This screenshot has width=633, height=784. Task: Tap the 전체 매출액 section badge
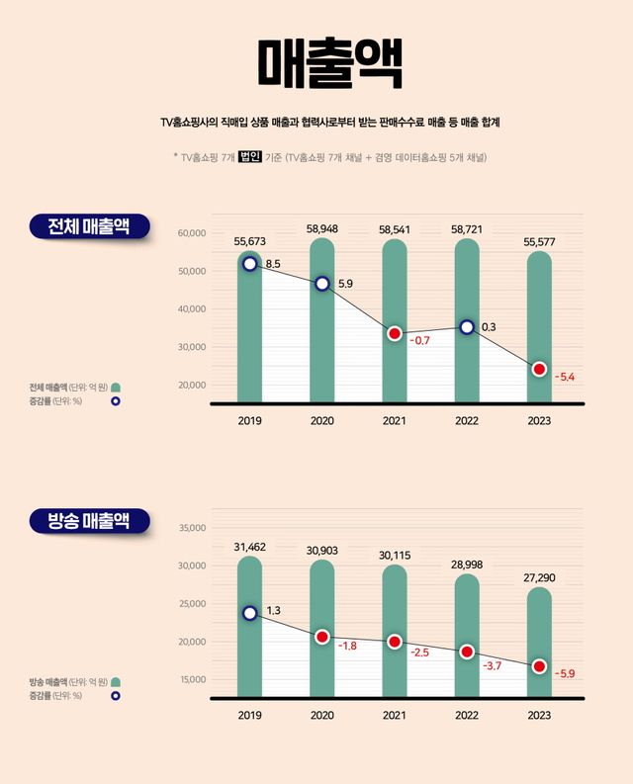[89, 225]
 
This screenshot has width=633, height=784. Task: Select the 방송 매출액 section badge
[89, 521]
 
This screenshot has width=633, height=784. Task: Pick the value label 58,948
[321, 228]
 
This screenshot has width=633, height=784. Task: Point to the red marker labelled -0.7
[395, 333]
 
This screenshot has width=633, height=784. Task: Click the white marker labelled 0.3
[467, 327]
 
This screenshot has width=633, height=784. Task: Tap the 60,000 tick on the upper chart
[191, 233]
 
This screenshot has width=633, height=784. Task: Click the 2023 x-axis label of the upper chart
[539, 421]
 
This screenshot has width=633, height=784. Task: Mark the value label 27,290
[539, 575]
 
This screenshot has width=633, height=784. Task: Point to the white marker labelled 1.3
[249, 613]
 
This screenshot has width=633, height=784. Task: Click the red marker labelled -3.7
[467, 652]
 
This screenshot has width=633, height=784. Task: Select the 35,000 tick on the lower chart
[191, 528]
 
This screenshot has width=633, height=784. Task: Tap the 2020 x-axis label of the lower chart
[321, 715]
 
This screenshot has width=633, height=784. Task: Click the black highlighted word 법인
[249, 156]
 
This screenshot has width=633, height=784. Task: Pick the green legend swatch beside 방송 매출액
[116, 682]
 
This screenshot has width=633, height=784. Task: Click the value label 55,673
[249, 241]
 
